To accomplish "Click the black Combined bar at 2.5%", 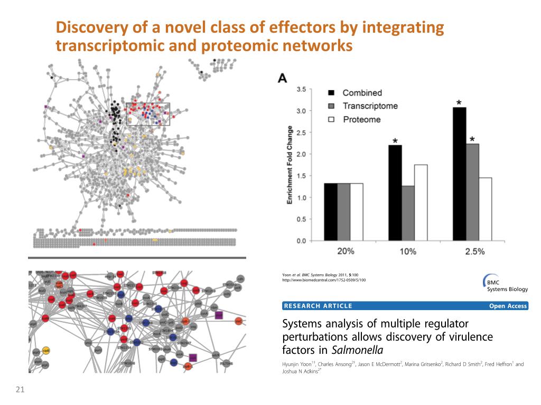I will pos(460,174).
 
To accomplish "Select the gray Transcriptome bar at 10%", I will pos(408,213).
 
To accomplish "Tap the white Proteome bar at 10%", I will pos(421,202).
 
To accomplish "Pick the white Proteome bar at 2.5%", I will pos(485,209).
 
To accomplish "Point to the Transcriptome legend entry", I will pos(370,106).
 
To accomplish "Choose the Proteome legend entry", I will pos(361,120).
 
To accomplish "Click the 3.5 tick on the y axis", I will pos(300,89).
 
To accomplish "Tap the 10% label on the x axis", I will pos(408,252).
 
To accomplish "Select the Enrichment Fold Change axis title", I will pos(290,165).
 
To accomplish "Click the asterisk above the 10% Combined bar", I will pos(395,141).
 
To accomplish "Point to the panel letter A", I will pos(283,78).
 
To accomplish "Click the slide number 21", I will pos(21,390).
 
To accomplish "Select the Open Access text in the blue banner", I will pos(508,306).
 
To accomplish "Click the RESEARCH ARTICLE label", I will pos(318,306).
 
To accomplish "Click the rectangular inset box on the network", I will pos(148,114).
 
